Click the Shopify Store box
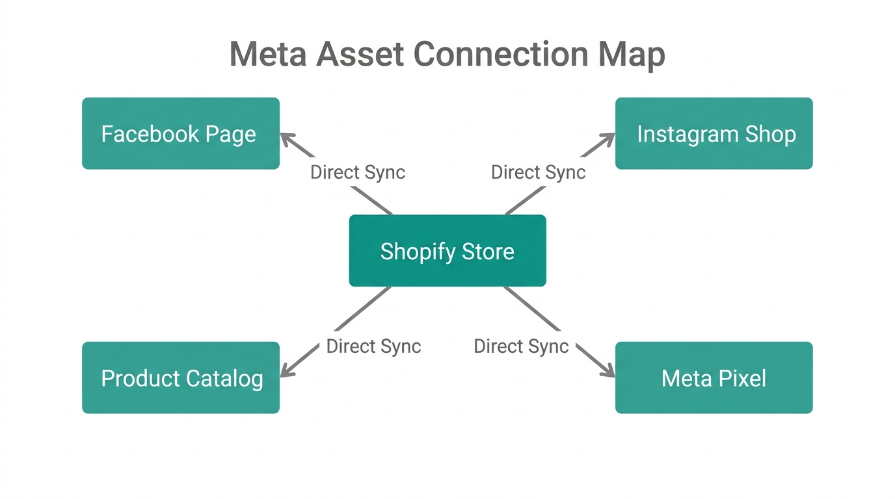[447, 251]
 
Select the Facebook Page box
[181, 134]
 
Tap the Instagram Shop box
[714, 134]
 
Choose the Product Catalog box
[181, 377]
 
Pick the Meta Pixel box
[714, 377]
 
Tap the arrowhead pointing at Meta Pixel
[608, 372]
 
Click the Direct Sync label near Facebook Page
[358, 172]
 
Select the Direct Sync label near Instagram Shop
[538, 172]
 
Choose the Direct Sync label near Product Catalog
[373, 346]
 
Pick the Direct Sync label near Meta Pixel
[521, 346]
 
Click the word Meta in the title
[268, 54]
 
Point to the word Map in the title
[632, 55]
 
